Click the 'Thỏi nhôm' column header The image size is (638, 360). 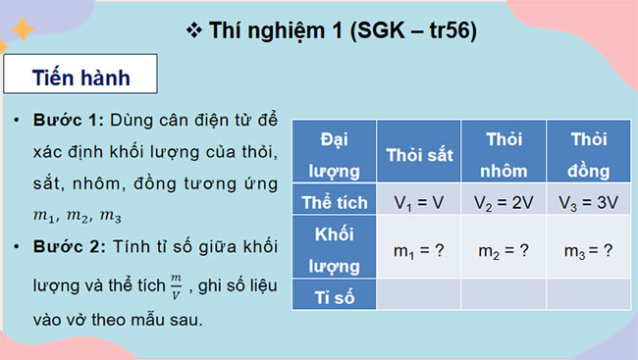coord(504,155)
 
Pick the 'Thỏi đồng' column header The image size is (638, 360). coord(587,155)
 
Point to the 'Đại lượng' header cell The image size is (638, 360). coord(334,155)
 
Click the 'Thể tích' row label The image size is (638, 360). coord(334,203)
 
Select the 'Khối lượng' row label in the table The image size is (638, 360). coord(334,249)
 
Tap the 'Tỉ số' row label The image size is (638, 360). coord(334,295)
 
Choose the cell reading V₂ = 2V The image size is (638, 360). coord(504,203)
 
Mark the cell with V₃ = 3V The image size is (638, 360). coord(587,203)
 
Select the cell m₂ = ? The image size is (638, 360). coord(504,250)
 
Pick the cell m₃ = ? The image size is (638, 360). coord(587,250)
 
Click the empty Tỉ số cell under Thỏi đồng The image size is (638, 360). coord(587,295)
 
